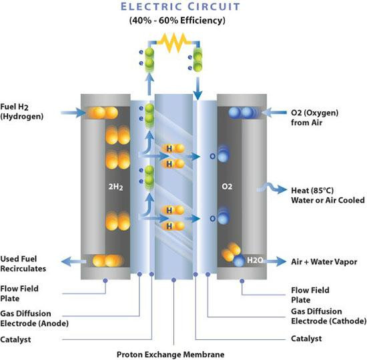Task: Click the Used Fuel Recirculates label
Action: point(23,263)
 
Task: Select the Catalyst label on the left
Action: point(17,339)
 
